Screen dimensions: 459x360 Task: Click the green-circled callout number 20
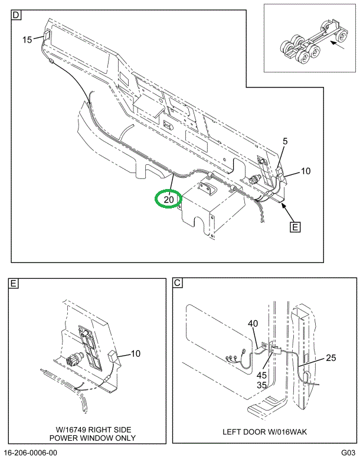pyautogui.click(x=169, y=200)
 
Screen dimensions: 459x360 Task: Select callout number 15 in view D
pyautogui.click(x=28, y=40)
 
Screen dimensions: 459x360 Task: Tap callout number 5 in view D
pyautogui.click(x=285, y=142)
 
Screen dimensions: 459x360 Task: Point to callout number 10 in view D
pyautogui.click(x=305, y=171)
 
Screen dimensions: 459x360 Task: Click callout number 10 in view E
pyautogui.click(x=136, y=354)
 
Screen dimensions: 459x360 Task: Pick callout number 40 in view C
pyautogui.click(x=253, y=323)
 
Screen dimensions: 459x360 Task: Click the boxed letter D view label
pyautogui.click(x=16, y=15)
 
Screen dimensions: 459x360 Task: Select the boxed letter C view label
pyautogui.click(x=177, y=284)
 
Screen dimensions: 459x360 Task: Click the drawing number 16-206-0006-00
pyautogui.click(x=31, y=453)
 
